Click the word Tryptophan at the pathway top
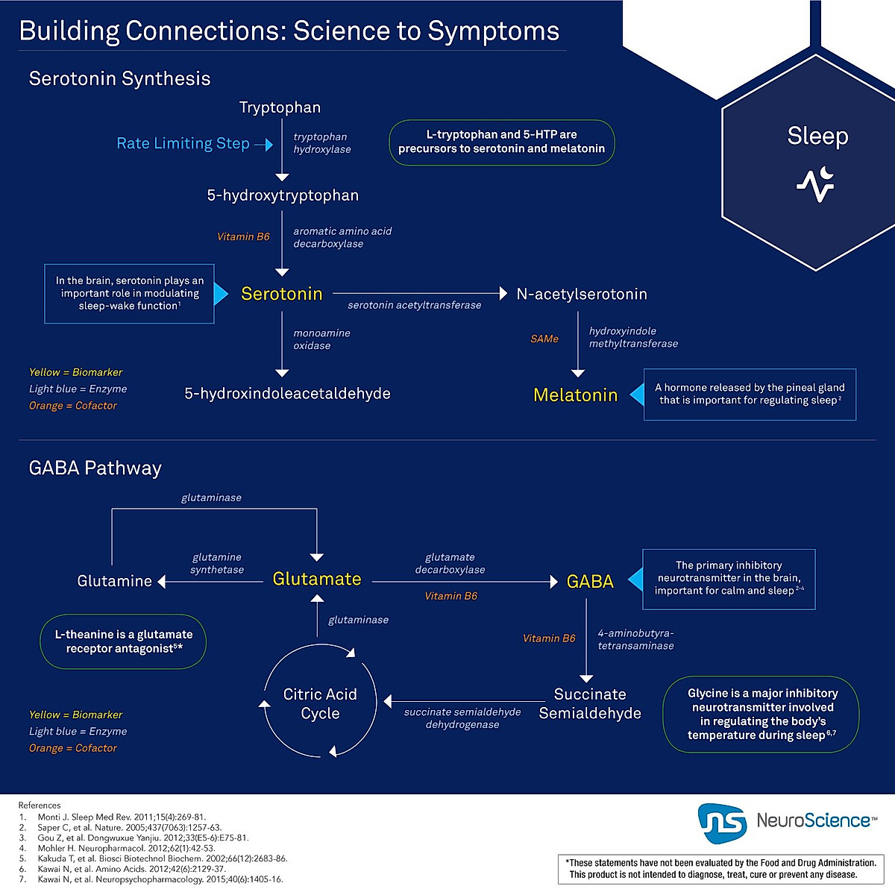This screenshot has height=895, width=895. (x=280, y=107)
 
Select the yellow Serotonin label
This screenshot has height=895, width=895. (x=282, y=294)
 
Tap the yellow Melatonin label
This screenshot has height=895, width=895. (x=575, y=395)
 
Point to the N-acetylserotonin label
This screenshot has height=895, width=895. (x=582, y=294)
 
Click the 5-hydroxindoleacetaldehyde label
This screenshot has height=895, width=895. (x=287, y=394)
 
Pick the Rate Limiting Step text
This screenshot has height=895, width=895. (x=183, y=143)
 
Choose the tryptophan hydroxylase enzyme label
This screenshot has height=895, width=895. (x=321, y=143)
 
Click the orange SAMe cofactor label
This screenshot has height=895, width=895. (x=544, y=339)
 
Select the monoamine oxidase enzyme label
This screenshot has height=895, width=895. (x=321, y=339)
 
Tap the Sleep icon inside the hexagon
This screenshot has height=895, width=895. (x=815, y=184)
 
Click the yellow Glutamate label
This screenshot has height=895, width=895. (x=317, y=579)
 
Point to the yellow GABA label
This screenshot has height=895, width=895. (x=590, y=582)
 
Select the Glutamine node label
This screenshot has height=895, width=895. (x=115, y=581)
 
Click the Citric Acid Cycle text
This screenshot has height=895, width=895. (x=320, y=703)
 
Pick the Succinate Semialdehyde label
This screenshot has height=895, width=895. (x=590, y=703)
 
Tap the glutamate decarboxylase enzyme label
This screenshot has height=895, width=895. (x=450, y=563)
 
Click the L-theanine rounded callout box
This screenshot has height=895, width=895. (x=123, y=641)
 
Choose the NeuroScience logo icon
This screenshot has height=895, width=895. (x=722, y=823)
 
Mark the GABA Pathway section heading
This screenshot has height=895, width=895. (x=95, y=468)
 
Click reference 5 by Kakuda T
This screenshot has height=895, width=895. (x=162, y=858)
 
